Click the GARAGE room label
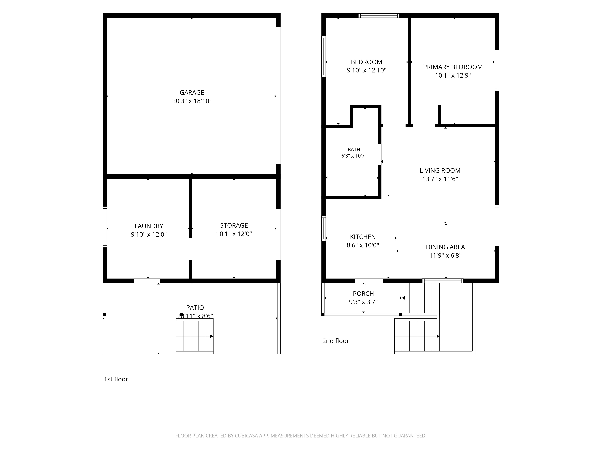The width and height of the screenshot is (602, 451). tap(192, 92)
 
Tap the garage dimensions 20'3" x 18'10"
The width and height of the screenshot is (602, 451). tap(192, 101)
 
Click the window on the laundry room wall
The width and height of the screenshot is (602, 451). tap(105, 227)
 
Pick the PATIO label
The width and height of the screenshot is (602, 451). tap(195, 307)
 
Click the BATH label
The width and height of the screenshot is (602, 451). tap(354, 150)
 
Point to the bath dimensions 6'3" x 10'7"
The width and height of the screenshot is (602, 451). tap(354, 156)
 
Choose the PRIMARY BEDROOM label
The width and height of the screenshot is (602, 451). tap(453, 67)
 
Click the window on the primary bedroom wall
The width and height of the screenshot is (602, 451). tap(497, 70)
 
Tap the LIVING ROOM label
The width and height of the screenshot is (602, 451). tap(440, 170)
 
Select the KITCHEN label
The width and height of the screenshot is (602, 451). tap(363, 237)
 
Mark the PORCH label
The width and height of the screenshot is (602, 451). tap(363, 294)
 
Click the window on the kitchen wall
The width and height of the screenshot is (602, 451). tap(324, 228)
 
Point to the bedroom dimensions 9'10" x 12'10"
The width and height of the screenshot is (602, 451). tap(367, 70)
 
